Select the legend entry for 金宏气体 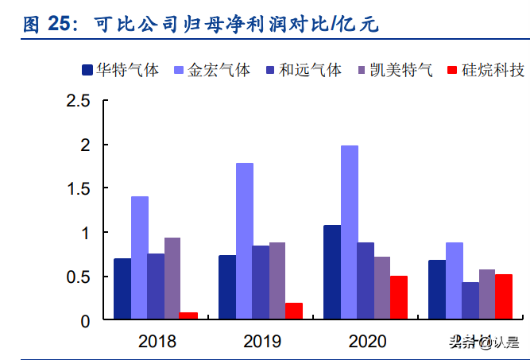point(211,70)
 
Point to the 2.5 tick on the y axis point(79,101)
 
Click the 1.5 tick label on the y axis point(79,189)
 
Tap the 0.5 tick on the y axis point(79,277)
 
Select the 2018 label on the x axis point(157,342)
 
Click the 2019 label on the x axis point(261,342)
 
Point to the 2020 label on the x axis point(366,342)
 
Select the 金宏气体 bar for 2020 point(349,233)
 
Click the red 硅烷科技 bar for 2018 point(188,316)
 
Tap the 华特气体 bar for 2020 point(332,273)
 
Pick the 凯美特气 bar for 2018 point(172,279)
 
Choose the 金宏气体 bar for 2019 point(244,242)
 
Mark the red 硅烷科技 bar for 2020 point(398,298)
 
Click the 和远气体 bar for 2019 point(261,283)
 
